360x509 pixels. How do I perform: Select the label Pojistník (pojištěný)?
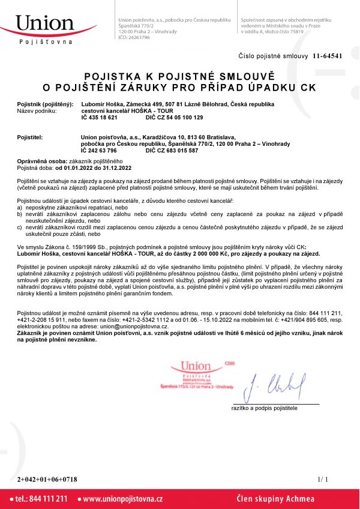(45, 105)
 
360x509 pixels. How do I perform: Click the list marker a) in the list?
(20, 205)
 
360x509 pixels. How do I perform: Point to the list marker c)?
(20, 227)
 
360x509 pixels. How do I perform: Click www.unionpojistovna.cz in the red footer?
(123, 499)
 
